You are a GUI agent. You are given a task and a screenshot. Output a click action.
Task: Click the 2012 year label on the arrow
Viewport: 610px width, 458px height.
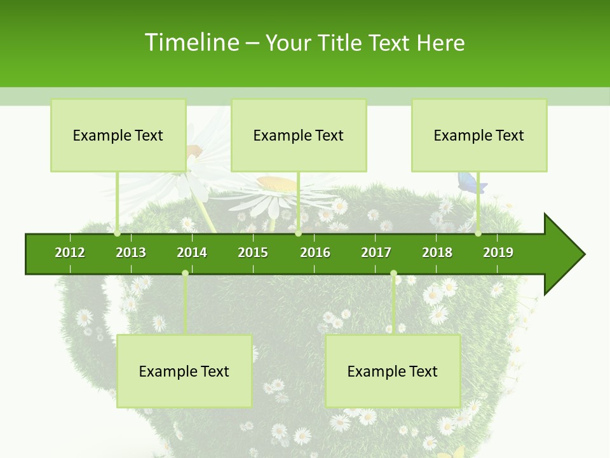tap(70, 253)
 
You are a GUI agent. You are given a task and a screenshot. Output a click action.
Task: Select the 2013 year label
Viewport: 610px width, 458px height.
tap(131, 253)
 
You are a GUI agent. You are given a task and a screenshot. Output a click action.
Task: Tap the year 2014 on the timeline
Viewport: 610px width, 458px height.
tap(192, 253)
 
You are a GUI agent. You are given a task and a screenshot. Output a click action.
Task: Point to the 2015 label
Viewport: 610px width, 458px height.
tap(253, 253)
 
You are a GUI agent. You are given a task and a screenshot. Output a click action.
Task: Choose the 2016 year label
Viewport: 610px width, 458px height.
tap(315, 253)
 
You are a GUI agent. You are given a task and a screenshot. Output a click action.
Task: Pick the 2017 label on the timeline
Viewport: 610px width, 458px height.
tap(376, 253)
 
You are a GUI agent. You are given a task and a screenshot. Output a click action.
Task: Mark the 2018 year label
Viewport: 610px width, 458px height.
tap(437, 253)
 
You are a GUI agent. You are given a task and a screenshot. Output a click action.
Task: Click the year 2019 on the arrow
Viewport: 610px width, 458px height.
tap(498, 253)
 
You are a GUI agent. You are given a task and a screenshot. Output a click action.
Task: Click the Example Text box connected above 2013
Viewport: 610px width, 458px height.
tap(118, 135)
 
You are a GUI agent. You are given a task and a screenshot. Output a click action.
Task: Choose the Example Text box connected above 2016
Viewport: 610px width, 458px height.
tap(299, 135)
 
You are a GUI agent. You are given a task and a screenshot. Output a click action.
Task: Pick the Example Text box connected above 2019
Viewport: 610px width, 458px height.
tap(479, 135)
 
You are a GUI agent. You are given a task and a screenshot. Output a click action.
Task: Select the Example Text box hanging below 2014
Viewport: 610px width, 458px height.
tap(184, 371)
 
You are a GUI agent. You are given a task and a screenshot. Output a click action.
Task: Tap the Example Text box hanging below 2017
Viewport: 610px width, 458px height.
tap(393, 371)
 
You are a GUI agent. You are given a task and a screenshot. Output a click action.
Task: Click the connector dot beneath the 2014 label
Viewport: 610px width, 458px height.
tap(185, 274)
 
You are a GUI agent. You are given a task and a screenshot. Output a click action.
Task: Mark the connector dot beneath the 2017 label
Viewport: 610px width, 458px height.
tap(393, 274)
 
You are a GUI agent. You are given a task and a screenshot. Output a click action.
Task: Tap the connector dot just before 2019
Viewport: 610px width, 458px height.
tap(478, 233)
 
